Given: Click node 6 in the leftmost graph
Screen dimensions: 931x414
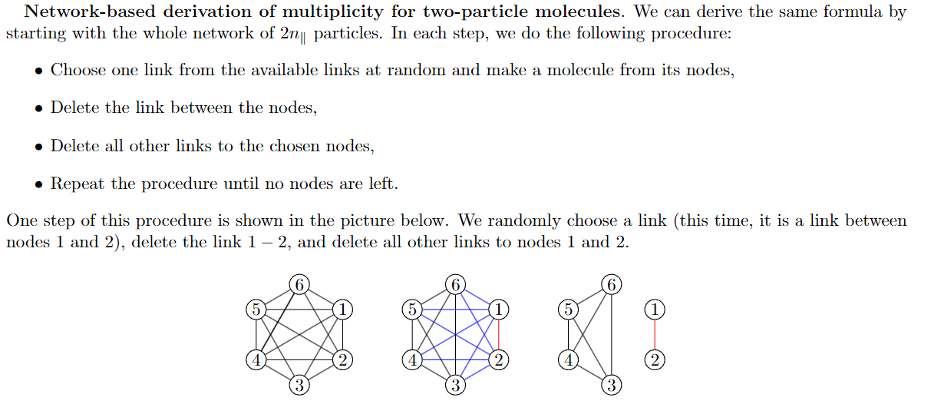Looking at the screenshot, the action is click(x=300, y=284).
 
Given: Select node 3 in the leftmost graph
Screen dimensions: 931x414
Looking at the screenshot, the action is click(x=299, y=386).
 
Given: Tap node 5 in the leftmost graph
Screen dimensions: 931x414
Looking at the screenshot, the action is click(x=256, y=310).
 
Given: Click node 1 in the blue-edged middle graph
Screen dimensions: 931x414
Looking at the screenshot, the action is click(x=500, y=310).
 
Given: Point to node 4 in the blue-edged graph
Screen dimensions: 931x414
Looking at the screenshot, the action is click(x=412, y=359).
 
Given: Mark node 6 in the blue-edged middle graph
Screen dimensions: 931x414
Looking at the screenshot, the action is click(x=456, y=284).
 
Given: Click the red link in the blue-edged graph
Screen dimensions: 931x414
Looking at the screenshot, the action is click(x=500, y=334).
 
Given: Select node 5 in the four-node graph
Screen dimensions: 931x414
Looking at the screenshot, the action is click(x=569, y=310).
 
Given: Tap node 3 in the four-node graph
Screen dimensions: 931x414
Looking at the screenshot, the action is click(x=612, y=386).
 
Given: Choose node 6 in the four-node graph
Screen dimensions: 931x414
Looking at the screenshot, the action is click(x=612, y=284).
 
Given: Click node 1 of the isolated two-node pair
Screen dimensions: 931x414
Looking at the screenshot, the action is click(x=655, y=310).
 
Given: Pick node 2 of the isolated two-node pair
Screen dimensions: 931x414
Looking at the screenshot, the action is click(x=655, y=359).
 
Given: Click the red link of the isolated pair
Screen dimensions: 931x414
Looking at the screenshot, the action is click(x=655, y=334).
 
